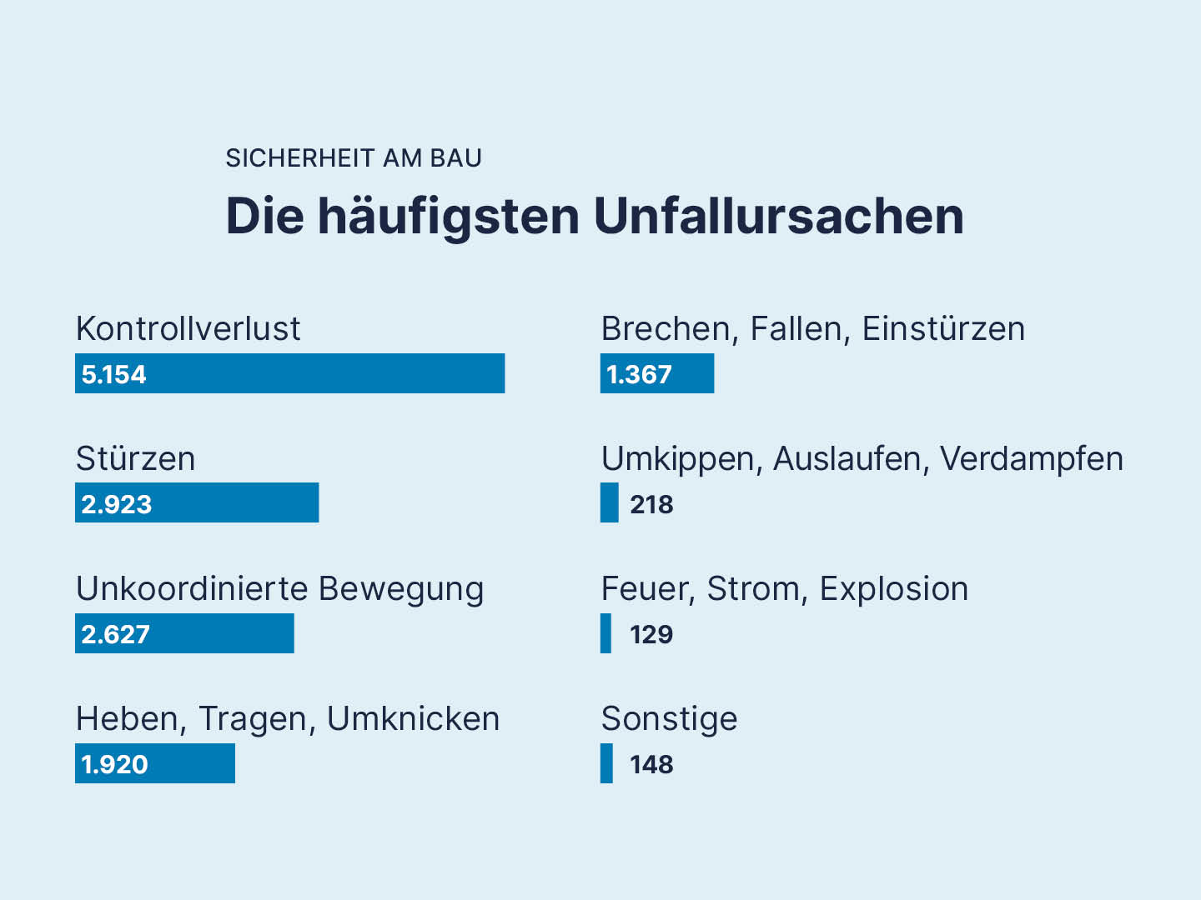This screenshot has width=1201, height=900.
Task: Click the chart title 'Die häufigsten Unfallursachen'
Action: click(594, 216)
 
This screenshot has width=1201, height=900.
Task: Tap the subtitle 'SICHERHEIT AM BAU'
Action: click(354, 158)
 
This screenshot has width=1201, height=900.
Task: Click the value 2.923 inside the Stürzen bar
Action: click(117, 504)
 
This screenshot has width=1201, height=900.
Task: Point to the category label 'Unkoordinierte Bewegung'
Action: click(279, 588)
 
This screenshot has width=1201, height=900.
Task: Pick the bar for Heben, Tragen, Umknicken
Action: click(192, 763)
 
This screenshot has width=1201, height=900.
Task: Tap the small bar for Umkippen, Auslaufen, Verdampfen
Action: click(610, 503)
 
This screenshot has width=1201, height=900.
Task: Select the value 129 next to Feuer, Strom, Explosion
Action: click(651, 634)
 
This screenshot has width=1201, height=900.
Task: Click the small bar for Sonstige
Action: click(606, 763)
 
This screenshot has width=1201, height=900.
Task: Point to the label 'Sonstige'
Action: click(669, 718)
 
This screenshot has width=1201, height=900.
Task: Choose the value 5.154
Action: click(113, 374)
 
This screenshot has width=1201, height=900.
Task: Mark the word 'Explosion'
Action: click(893, 588)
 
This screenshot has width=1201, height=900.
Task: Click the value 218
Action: click(651, 504)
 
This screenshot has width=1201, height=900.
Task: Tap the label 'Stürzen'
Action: click(135, 458)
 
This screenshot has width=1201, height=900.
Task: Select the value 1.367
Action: click(639, 374)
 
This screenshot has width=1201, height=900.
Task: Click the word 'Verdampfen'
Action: click(1032, 458)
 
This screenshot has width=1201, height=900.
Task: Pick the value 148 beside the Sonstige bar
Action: click(651, 764)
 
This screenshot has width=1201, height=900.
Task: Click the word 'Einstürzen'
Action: click(943, 328)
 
